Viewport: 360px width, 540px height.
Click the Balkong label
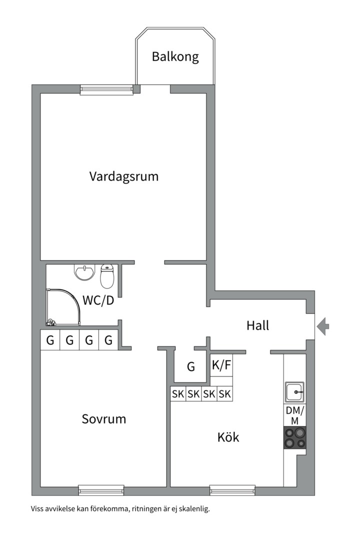point(175,56)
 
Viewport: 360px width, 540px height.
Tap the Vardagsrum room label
point(124,176)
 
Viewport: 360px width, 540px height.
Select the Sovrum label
point(103,419)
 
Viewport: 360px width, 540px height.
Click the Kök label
point(228,437)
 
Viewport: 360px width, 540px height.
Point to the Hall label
point(257,325)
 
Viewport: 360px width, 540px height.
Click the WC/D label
point(98,300)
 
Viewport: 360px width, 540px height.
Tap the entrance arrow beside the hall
point(323,326)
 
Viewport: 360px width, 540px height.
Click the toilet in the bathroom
point(107,276)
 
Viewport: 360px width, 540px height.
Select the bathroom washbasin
point(84,272)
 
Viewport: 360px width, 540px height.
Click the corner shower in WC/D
point(63,307)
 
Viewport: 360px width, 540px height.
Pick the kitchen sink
point(294,391)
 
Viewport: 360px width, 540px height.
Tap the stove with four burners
point(294,437)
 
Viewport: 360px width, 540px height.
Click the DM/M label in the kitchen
point(295,415)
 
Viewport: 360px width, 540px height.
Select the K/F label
point(221,365)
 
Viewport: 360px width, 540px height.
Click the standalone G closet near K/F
point(191,367)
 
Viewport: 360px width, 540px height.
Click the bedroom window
point(101,489)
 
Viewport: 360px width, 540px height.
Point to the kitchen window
point(232,489)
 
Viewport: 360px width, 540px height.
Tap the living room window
point(106,90)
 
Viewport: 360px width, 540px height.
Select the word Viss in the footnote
point(37,508)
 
